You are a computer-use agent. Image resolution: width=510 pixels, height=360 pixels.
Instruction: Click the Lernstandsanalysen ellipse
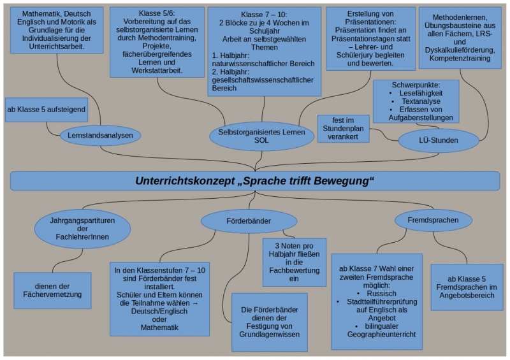101,135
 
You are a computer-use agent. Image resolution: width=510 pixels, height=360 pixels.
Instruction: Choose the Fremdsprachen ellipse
433,220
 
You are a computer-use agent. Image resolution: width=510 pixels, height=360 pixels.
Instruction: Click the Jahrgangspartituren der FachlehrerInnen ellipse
82,229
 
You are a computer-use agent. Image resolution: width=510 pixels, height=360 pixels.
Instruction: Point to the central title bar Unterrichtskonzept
255,181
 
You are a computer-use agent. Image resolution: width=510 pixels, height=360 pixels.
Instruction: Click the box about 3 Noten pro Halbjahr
294,261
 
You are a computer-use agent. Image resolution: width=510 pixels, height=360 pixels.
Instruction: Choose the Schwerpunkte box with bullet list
415,101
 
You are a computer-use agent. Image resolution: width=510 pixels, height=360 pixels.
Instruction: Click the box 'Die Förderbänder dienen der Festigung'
269,321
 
